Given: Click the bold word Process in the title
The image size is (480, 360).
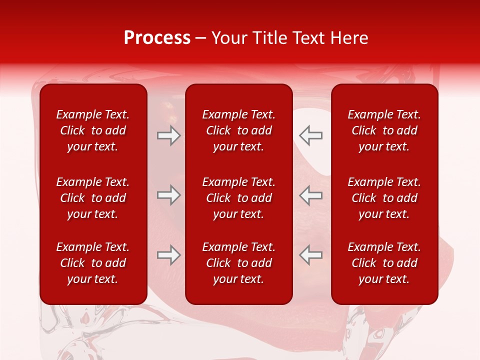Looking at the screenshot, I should coord(157,38).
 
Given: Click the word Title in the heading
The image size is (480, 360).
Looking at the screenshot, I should coord(270,38).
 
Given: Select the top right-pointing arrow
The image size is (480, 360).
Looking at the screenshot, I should coord(168,135).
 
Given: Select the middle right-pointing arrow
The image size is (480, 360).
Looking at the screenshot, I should coord(168,195).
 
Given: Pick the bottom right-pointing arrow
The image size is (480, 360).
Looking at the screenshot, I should coord(168,255).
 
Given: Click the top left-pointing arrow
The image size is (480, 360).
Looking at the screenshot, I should coord(310,135).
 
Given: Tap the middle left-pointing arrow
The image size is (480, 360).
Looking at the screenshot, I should coord(310,195).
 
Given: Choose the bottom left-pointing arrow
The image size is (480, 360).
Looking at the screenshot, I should coord(310,255).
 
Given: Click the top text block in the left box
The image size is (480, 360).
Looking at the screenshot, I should coord(93,130).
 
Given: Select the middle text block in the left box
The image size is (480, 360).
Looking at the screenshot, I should coord(93,198).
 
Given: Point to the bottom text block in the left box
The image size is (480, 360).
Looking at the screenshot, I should coord(93,263).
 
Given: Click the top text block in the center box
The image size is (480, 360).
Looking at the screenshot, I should coord(238,130).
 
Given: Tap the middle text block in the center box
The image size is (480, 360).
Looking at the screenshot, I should coord(238,198).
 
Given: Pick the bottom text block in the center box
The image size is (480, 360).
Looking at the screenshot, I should coord(238,263).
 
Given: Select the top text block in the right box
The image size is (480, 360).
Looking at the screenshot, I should coord(384,130).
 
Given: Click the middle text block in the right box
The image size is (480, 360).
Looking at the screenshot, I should coord(384,198).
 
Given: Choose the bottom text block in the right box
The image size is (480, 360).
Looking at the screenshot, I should coord(384,263).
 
